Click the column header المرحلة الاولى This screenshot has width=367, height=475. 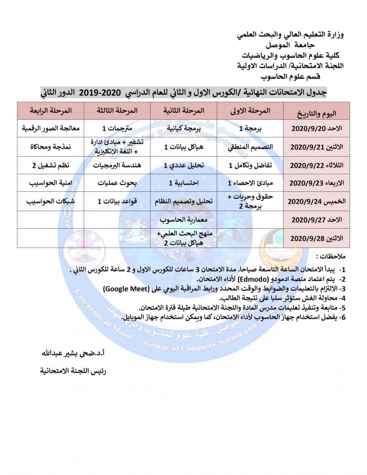pos(250,111)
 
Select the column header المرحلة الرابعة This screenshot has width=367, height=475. pos(51,110)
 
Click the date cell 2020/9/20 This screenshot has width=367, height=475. pos(316,129)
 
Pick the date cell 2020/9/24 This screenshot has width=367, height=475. pos(316,201)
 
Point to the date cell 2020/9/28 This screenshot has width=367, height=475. pos(316,238)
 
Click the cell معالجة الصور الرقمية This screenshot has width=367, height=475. pos(51,128)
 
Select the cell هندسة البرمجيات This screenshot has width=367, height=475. pos(117,165)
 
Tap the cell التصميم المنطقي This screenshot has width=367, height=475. pos(250,147)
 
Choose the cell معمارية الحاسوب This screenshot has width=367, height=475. pos(183,219)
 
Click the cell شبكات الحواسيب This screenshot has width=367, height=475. pos(51,201)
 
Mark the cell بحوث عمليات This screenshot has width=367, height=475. pos(117,183)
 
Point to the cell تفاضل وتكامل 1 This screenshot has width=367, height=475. pos(250,165)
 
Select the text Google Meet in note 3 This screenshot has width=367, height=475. pos(126,289)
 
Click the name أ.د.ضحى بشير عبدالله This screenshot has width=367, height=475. pos(73,353)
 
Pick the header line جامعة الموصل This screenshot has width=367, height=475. pos(290,46)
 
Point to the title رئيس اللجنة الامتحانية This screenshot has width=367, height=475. pos(73,371)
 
